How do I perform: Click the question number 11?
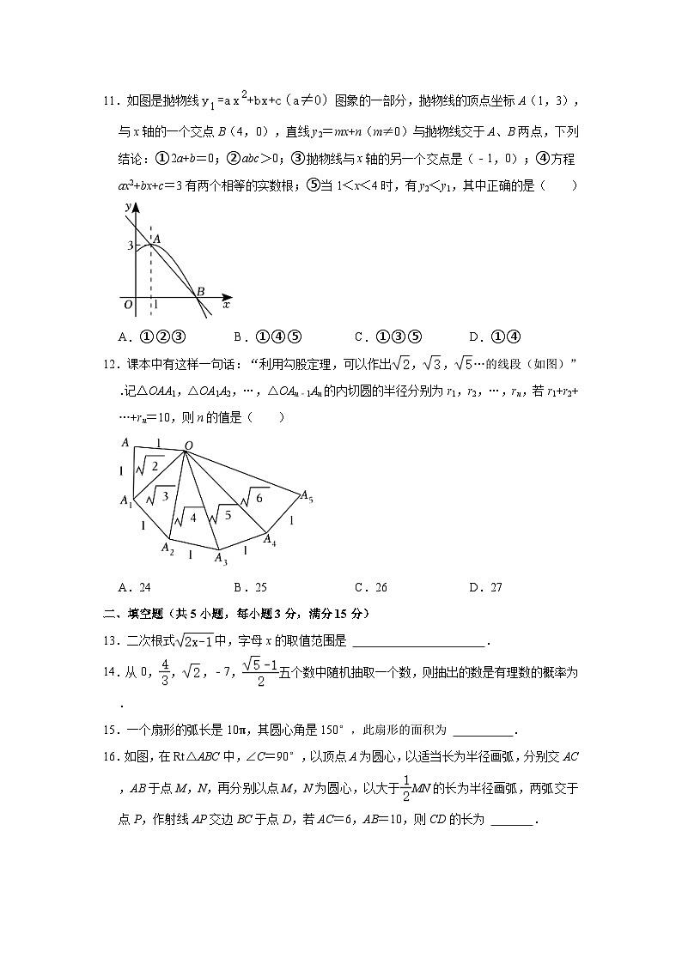click(109, 101)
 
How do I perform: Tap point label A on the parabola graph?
click(156, 239)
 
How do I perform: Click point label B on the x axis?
click(200, 292)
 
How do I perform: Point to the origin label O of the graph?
click(127, 304)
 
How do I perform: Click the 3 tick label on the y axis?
click(130, 246)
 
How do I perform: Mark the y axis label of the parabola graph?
click(127, 207)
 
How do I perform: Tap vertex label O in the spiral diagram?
click(187, 444)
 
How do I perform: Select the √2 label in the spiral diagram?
click(152, 465)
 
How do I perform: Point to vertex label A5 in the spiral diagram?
click(305, 495)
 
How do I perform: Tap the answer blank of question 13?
click(418, 640)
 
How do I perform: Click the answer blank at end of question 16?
click(513, 821)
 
